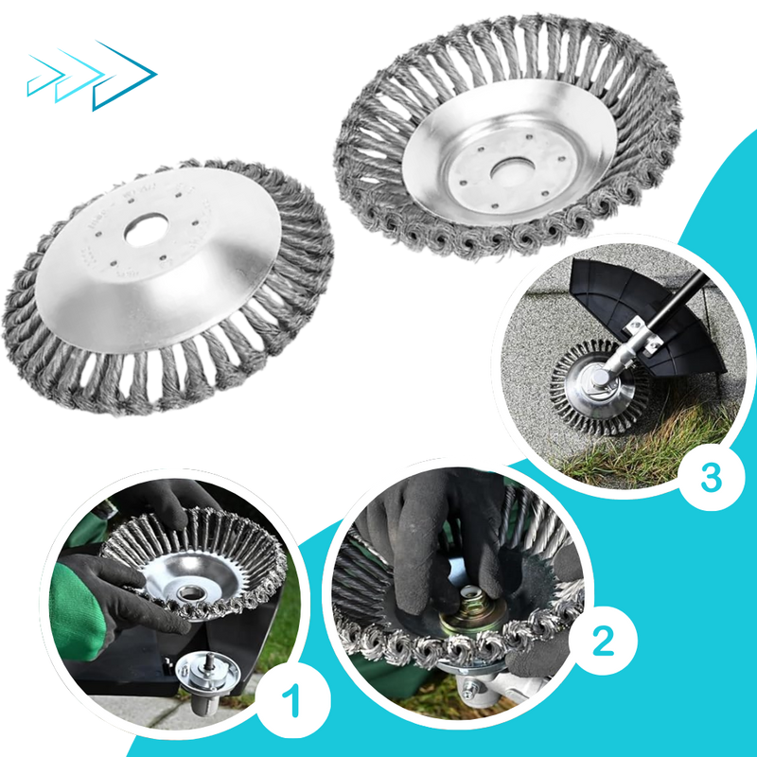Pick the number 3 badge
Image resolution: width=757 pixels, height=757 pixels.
tap(711, 477)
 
